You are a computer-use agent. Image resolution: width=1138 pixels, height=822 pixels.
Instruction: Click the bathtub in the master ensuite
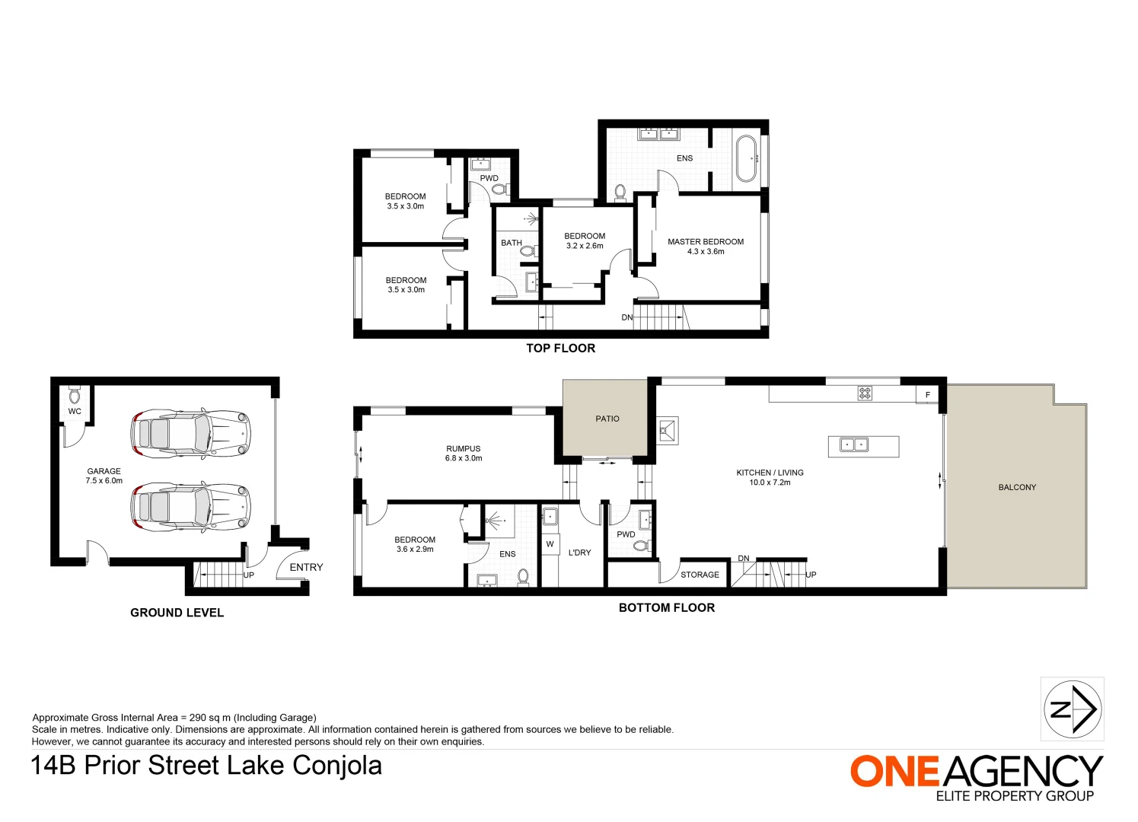tap(745, 158)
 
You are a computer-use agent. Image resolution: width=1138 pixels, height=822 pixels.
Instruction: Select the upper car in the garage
tap(190, 434)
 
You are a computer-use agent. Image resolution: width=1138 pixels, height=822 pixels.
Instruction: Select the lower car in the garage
tap(190, 506)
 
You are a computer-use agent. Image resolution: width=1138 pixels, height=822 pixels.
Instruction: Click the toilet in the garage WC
tap(75, 396)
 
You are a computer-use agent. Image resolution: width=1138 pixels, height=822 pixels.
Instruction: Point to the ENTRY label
tap(306, 567)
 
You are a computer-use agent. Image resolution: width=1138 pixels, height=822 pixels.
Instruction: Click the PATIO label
tap(607, 419)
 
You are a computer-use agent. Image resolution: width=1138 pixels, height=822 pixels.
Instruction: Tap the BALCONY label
tap(1017, 487)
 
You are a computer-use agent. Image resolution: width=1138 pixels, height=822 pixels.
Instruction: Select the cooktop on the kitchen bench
tap(865, 393)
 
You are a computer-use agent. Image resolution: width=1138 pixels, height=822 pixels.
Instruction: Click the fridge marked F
tap(927, 394)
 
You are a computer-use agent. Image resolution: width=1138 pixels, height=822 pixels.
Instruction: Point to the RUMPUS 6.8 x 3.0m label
tap(464, 454)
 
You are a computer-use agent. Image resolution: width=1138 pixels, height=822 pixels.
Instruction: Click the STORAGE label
tap(700, 575)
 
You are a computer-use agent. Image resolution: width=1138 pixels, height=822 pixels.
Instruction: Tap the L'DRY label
tap(579, 553)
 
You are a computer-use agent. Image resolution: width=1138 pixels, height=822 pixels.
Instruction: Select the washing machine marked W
tap(550, 544)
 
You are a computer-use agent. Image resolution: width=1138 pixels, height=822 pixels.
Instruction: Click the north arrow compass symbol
tap(1072, 709)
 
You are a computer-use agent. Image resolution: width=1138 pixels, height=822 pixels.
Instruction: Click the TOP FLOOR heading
tap(560, 348)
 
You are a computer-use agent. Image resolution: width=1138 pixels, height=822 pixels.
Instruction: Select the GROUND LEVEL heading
tap(177, 613)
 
